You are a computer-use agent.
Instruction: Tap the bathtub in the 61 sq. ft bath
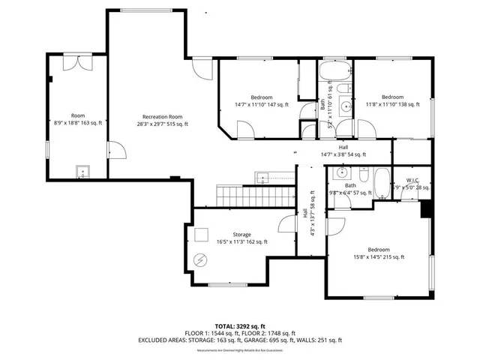click(x=334, y=73)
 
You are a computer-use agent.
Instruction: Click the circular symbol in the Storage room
click(x=200, y=260)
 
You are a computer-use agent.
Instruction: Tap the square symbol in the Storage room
click(x=201, y=234)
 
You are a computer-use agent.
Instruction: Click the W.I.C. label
click(x=412, y=180)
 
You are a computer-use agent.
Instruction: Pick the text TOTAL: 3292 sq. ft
click(x=240, y=326)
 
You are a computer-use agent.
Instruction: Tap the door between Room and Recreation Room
click(x=112, y=150)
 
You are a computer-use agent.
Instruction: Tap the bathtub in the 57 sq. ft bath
click(x=381, y=182)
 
